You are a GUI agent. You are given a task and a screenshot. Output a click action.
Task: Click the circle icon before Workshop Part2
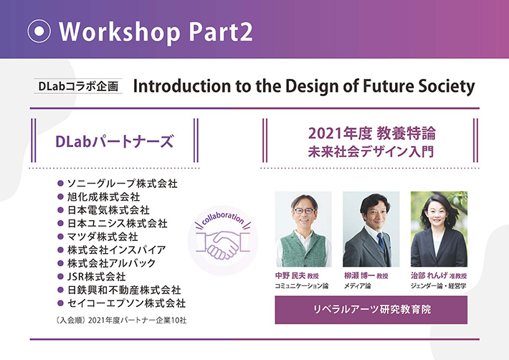point(39,31)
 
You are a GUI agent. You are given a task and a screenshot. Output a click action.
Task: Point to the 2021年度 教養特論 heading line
point(372,133)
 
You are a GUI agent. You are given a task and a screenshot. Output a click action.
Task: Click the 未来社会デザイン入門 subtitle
point(372,151)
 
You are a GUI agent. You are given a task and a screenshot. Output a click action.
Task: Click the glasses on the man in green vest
point(304,212)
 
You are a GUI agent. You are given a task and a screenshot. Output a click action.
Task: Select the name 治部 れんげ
point(428,275)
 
